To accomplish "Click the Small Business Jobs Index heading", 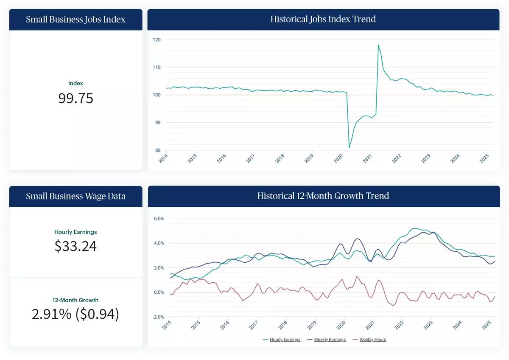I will tap(76, 19).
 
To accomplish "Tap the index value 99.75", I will tap(76, 98).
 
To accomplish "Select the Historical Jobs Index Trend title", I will tap(323, 19).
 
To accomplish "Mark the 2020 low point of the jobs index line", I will tap(349, 147).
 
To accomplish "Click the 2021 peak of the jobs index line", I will tap(378, 45).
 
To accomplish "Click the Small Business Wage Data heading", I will tap(76, 196).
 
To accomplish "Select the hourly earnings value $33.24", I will tap(76, 246).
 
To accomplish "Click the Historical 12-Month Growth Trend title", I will tap(323, 196).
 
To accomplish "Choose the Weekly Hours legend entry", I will tap(372, 340).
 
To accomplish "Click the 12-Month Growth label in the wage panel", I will tap(76, 300).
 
